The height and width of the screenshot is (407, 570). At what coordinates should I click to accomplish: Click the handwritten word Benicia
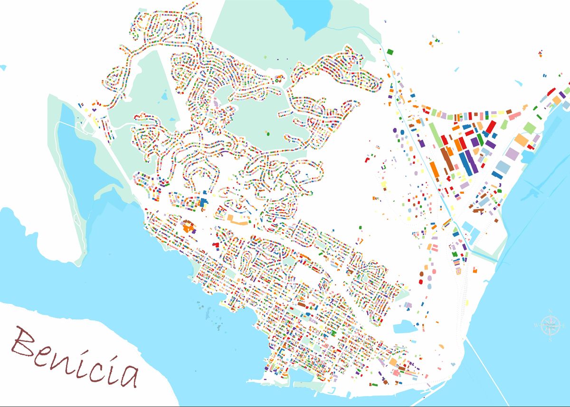coord(76,356)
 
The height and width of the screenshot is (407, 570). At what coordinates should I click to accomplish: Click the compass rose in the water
coord(550,326)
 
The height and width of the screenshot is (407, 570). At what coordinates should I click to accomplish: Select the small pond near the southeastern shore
coord(404,327)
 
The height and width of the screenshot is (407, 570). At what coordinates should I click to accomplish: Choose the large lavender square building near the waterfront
coord(513,153)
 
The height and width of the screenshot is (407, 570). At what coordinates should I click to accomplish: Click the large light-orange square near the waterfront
coord(522,140)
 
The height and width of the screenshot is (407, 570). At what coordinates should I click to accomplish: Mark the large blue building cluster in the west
coord(204,202)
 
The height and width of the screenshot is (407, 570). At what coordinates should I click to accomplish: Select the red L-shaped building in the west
coord(216,244)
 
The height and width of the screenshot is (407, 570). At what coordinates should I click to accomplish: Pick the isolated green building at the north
coord(390,51)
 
